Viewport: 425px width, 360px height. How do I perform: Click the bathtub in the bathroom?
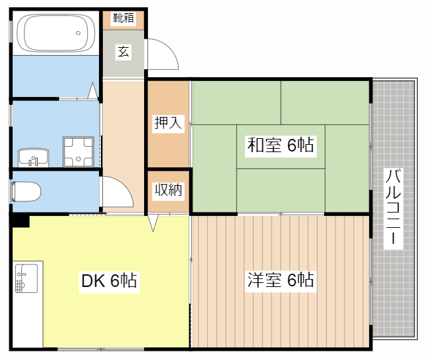tap(56, 33)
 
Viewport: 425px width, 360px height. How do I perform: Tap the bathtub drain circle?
tap(78, 33)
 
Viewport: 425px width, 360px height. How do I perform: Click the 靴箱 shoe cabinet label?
tap(124, 18)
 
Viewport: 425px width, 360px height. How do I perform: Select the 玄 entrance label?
tap(124, 51)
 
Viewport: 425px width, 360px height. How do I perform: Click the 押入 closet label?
tap(168, 123)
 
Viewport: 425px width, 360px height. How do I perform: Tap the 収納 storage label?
tap(168, 190)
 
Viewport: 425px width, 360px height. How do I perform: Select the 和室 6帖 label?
tap(280, 145)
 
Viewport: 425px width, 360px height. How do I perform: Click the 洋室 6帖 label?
tap(280, 280)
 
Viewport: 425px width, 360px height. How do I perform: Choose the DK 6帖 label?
tap(109, 280)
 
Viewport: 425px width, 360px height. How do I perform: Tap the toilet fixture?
tap(27, 192)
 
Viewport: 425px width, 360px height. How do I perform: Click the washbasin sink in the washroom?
tap(33, 157)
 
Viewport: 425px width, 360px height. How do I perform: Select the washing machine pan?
tap(78, 151)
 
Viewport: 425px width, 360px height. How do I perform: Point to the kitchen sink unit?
tap(27, 278)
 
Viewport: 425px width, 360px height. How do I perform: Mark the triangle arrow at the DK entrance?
tap(153, 223)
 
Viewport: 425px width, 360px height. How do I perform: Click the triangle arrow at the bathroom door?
tap(93, 90)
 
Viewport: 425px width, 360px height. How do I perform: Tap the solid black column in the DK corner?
tap(21, 221)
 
